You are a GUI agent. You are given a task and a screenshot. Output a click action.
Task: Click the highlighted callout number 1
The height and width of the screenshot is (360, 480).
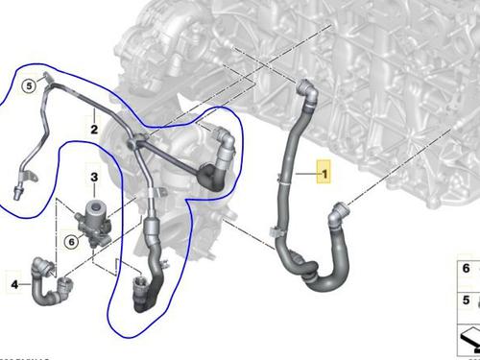click(x=324, y=174)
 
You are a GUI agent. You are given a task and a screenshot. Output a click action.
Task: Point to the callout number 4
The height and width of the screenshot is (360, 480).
click(x=14, y=283)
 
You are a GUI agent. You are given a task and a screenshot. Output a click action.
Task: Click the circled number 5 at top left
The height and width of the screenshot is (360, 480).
click(x=30, y=85)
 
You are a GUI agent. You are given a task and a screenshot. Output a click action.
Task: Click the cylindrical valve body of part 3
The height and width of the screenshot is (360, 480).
click(x=95, y=213)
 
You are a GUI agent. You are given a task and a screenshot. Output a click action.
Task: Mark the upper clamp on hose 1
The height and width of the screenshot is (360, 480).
click(x=280, y=177)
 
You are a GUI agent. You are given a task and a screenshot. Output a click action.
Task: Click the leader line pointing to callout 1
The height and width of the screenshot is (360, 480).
click(x=301, y=175)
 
